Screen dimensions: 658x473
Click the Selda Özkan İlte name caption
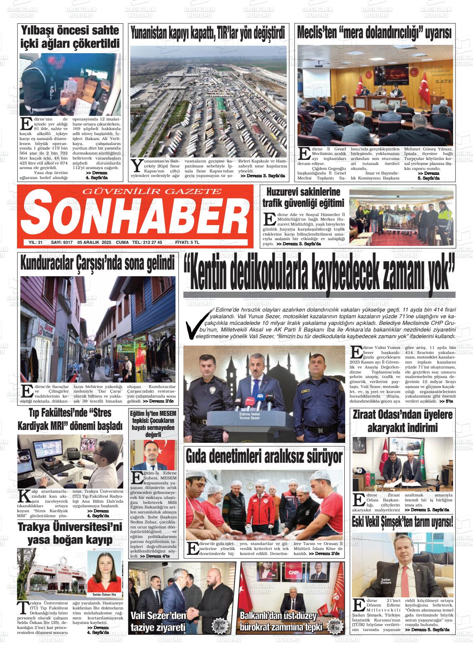click(104, 595)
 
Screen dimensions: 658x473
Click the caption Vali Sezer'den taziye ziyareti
click(158, 621)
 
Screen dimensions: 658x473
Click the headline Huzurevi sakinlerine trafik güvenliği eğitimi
click(303, 197)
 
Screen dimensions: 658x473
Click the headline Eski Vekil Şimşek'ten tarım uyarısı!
click(402, 522)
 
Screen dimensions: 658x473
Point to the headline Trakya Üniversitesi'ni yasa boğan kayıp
click(70, 533)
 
